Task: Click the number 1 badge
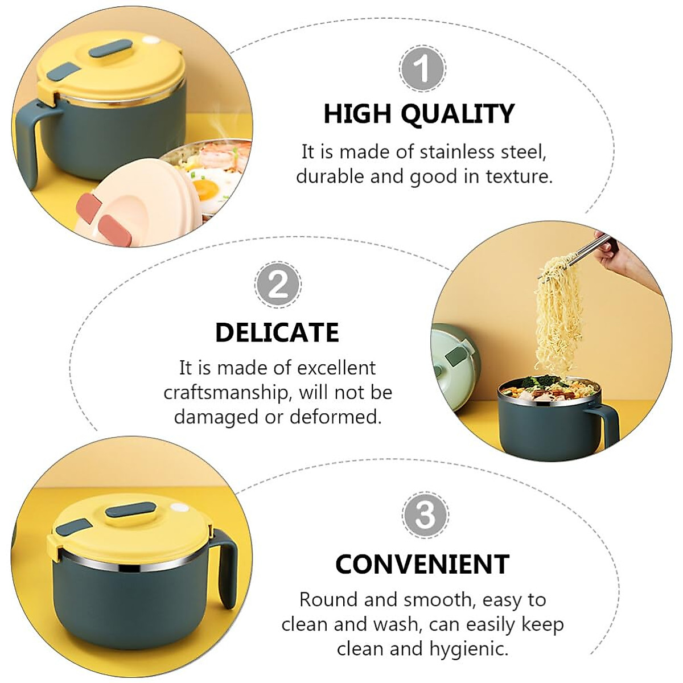click(422, 69)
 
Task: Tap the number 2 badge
click(277, 284)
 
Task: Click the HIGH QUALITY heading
click(419, 114)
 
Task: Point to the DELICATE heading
click(277, 332)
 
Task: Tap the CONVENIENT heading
click(422, 564)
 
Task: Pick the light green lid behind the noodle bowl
click(452, 364)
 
